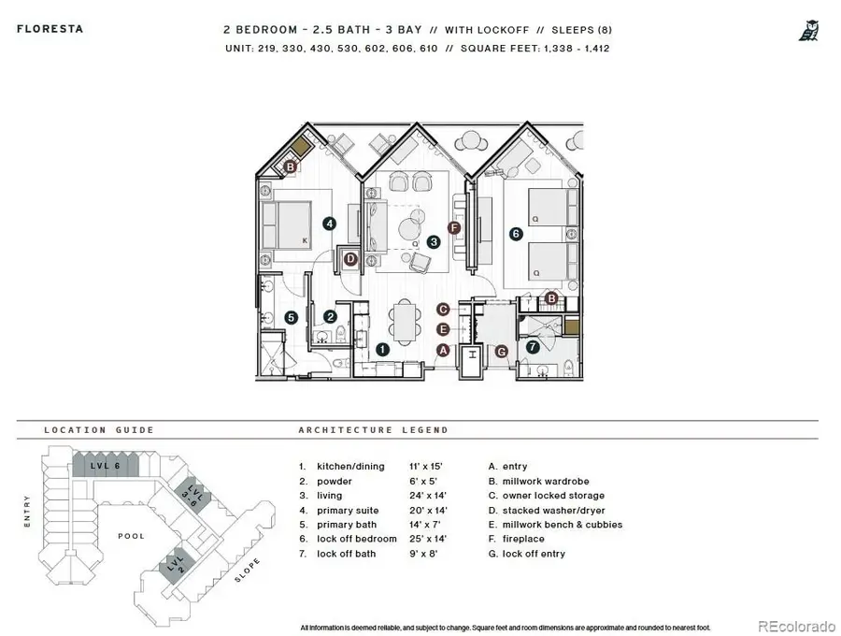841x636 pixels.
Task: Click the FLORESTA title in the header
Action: pyautogui.click(x=50, y=29)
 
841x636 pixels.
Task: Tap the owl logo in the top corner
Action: pyautogui.click(x=808, y=31)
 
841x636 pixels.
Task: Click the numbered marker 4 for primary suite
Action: pyautogui.click(x=329, y=224)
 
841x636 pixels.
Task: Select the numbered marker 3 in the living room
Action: pyautogui.click(x=434, y=241)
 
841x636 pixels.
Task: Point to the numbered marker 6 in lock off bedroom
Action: pyautogui.click(x=515, y=234)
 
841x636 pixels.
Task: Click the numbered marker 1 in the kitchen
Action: pyautogui.click(x=382, y=349)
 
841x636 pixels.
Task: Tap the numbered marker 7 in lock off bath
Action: pyautogui.click(x=533, y=347)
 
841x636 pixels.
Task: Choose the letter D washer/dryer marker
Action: pyautogui.click(x=350, y=259)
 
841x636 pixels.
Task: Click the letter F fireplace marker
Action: pyautogui.click(x=455, y=227)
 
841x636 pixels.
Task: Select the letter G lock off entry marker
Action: pyautogui.click(x=501, y=351)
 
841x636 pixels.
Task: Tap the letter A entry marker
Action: pyautogui.click(x=443, y=349)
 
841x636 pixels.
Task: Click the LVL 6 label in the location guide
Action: pyautogui.click(x=99, y=465)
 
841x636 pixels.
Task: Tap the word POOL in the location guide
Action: pyautogui.click(x=132, y=536)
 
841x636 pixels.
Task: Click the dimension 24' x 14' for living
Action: pyautogui.click(x=428, y=496)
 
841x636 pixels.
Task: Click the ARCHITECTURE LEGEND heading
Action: pyautogui.click(x=373, y=430)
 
